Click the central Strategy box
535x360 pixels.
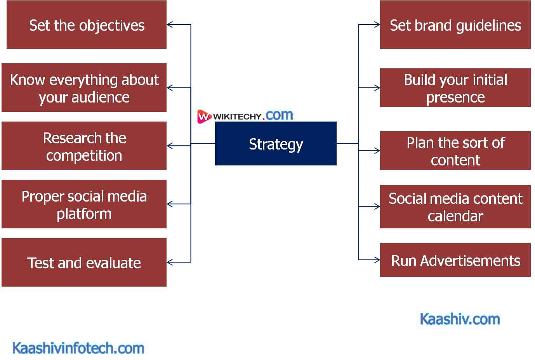tap(276, 144)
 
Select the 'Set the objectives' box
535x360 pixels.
tap(87, 25)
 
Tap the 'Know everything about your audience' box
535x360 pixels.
tap(84, 88)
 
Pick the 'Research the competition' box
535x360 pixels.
tap(84, 146)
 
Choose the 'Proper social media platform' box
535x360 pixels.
tap(84, 204)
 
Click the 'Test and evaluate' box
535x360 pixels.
tap(84, 263)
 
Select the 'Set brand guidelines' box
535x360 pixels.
tap(455, 25)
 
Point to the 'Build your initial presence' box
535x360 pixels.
tap(455, 88)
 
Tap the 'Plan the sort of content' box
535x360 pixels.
tap(455, 151)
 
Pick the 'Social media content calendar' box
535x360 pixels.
tap(455, 207)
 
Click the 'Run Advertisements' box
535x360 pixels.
tap(455, 260)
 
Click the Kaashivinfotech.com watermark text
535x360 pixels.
tap(78, 348)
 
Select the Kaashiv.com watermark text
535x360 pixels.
tap(460, 319)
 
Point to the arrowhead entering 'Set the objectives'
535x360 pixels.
tap(169, 25)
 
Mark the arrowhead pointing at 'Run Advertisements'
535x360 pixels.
tap(377, 260)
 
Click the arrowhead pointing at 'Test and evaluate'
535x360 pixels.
tap(169, 263)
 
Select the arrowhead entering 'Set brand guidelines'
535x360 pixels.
tap(377, 25)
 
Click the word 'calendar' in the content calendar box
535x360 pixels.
tap(455, 216)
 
